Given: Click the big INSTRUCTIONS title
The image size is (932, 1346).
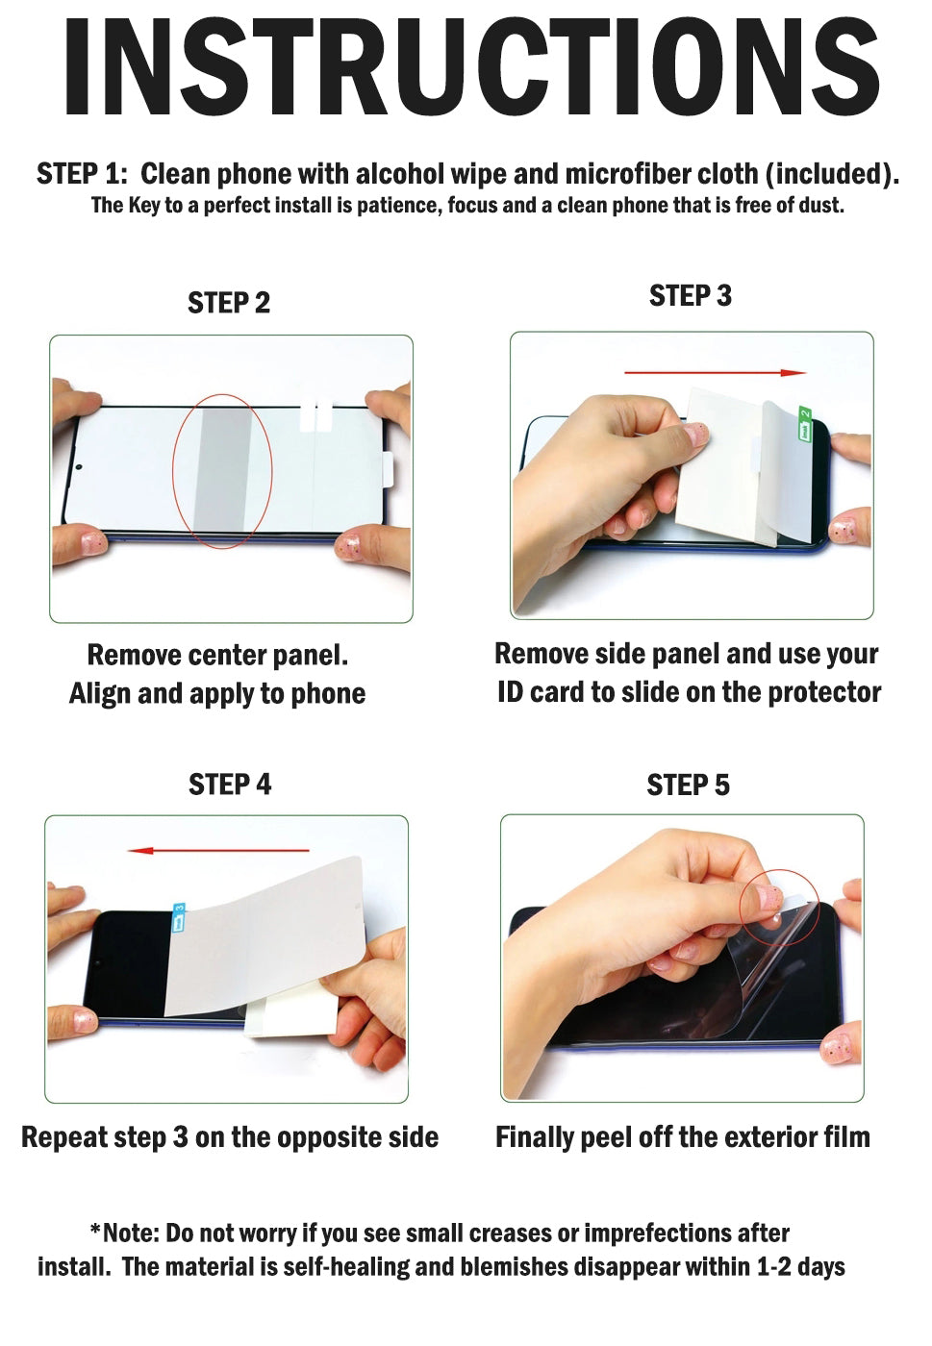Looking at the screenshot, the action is [471, 66].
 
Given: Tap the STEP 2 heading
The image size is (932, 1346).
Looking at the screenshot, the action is [229, 303].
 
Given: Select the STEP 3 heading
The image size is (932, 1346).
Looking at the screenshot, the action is [691, 296].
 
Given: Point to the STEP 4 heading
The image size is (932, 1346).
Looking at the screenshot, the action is [230, 785].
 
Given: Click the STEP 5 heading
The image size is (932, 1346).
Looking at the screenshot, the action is [688, 785].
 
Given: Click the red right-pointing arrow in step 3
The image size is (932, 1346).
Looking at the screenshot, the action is [715, 373].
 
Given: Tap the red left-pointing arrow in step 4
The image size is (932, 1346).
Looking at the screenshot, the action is [218, 850].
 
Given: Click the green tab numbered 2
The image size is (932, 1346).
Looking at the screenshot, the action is [805, 424].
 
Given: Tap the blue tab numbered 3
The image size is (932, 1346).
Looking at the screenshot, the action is [179, 917].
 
